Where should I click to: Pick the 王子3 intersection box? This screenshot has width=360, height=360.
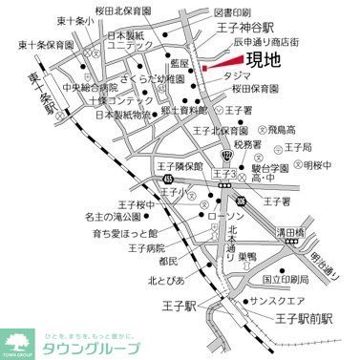[x=223, y=176]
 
